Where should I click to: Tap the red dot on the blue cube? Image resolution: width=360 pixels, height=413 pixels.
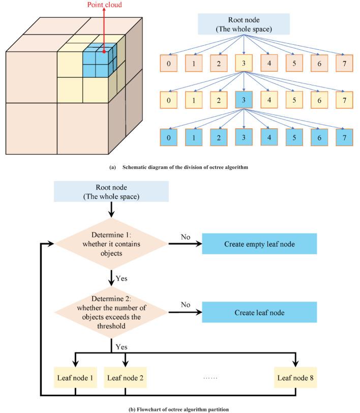(x=103, y=51)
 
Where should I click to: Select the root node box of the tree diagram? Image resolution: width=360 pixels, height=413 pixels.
(x=245, y=23)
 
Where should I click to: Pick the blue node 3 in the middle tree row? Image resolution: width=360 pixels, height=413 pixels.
(x=245, y=101)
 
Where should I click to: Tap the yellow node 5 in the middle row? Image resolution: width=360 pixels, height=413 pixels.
(x=294, y=101)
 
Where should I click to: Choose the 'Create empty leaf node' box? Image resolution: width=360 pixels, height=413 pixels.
(x=259, y=244)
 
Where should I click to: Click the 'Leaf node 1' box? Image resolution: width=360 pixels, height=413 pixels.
(x=75, y=378)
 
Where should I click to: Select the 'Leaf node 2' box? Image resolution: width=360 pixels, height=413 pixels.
(x=125, y=378)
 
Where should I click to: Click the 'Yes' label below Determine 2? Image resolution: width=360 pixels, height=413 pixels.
(x=122, y=347)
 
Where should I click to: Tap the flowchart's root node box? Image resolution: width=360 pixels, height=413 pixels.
(x=110, y=191)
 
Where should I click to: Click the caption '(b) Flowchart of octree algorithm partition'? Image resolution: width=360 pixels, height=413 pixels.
(x=180, y=409)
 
